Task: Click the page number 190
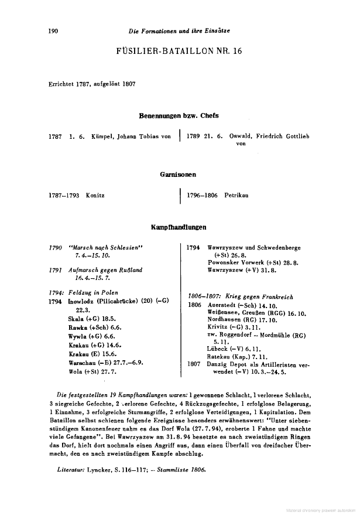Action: tap(53, 30)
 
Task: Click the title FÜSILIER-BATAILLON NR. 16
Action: tap(180, 51)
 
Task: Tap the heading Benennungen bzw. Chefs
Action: tap(179, 115)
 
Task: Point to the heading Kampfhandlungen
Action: tap(179, 227)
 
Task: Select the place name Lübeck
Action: tap(217, 348)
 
